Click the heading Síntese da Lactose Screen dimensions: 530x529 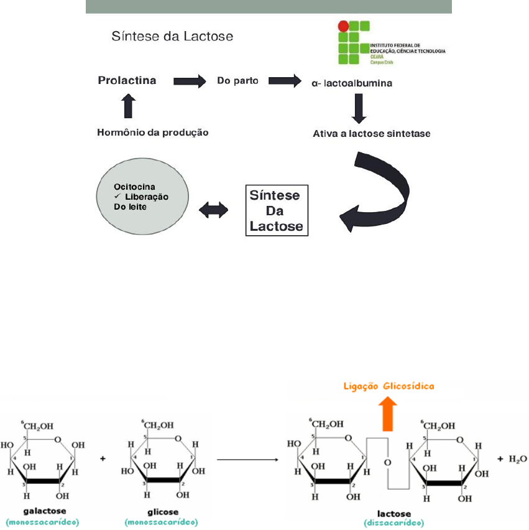coord(172,36)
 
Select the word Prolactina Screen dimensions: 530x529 coord(127,81)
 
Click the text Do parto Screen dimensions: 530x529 coord(237,81)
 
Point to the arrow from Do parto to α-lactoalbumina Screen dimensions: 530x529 coord(283,81)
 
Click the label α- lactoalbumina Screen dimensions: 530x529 coord(352,82)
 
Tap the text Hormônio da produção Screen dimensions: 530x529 coord(152,132)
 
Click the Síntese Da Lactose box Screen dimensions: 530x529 coord(275,211)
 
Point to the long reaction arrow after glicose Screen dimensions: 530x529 coord(247,460)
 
